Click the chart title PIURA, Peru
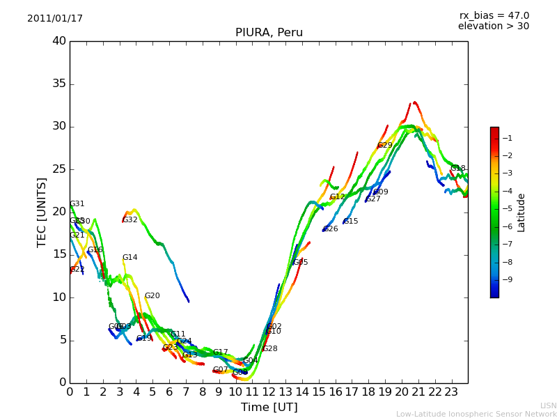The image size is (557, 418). click(269, 33)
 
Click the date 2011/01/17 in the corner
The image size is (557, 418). click(55, 19)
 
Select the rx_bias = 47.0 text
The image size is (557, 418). click(494, 16)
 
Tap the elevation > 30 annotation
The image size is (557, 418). click(493, 26)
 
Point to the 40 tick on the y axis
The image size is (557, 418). click(59, 41)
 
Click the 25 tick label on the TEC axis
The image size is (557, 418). click(59, 169)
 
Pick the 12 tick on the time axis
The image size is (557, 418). click(269, 392)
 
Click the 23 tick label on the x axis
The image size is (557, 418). click(451, 392)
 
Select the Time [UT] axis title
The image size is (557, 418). click(269, 408)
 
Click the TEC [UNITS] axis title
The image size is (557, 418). click(42, 212)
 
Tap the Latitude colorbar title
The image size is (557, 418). click(521, 212)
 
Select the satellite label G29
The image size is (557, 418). click(385, 146)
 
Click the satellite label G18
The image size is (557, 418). click(458, 169)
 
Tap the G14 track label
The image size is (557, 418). click(130, 258)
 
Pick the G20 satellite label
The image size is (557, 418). click(152, 296)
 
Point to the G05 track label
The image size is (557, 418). click(301, 263)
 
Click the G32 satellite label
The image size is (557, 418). click(130, 220)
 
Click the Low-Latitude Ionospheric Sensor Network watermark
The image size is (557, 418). click(476, 415)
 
